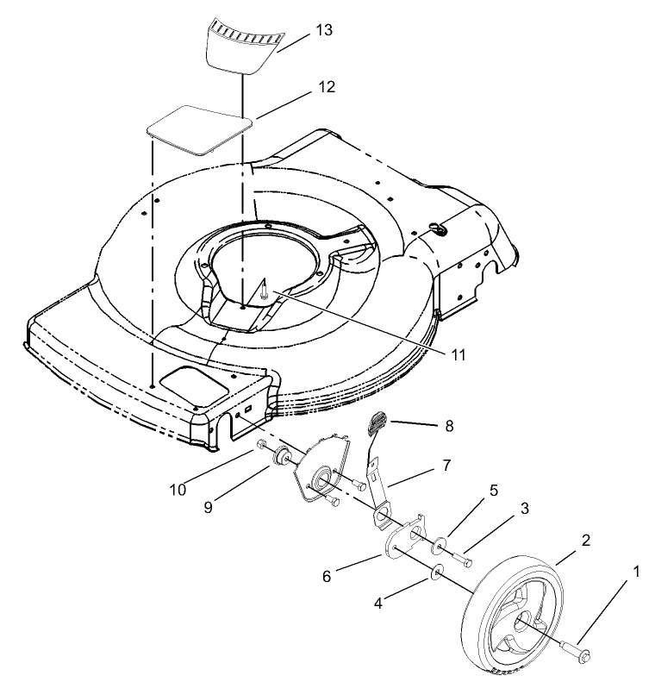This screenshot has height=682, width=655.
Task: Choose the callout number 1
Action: [x=637, y=571]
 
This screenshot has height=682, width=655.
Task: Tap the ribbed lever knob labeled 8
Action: [x=376, y=422]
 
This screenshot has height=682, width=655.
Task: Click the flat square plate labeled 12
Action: [x=198, y=129]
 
